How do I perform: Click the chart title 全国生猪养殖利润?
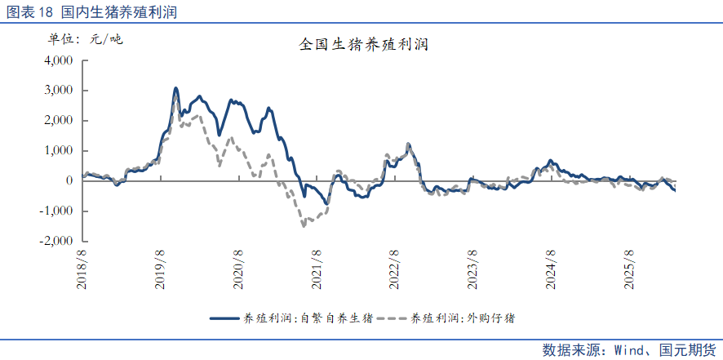tap(364, 45)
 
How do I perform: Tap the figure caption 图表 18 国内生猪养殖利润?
tap(91, 12)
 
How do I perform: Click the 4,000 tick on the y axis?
tap(60, 60)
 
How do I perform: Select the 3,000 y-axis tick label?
tap(60, 91)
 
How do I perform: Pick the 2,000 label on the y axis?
tap(60, 121)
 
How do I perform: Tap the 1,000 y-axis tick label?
tap(60, 151)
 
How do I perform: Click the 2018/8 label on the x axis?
tap(82, 270)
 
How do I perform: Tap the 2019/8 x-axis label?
tap(161, 270)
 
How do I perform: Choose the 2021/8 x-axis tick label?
tap(317, 270)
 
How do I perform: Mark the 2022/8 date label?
tap(394, 270)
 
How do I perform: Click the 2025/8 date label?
tap(628, 270)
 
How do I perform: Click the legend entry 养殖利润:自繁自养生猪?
tap(291, 318)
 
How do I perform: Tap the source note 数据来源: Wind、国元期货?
tap(629, 349)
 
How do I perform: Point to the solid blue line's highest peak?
tap(175, 87)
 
